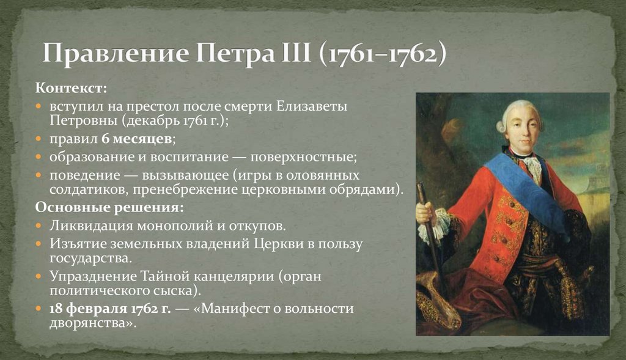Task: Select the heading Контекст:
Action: (x=71, y=89)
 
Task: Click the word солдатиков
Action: (x=84, y=190)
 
